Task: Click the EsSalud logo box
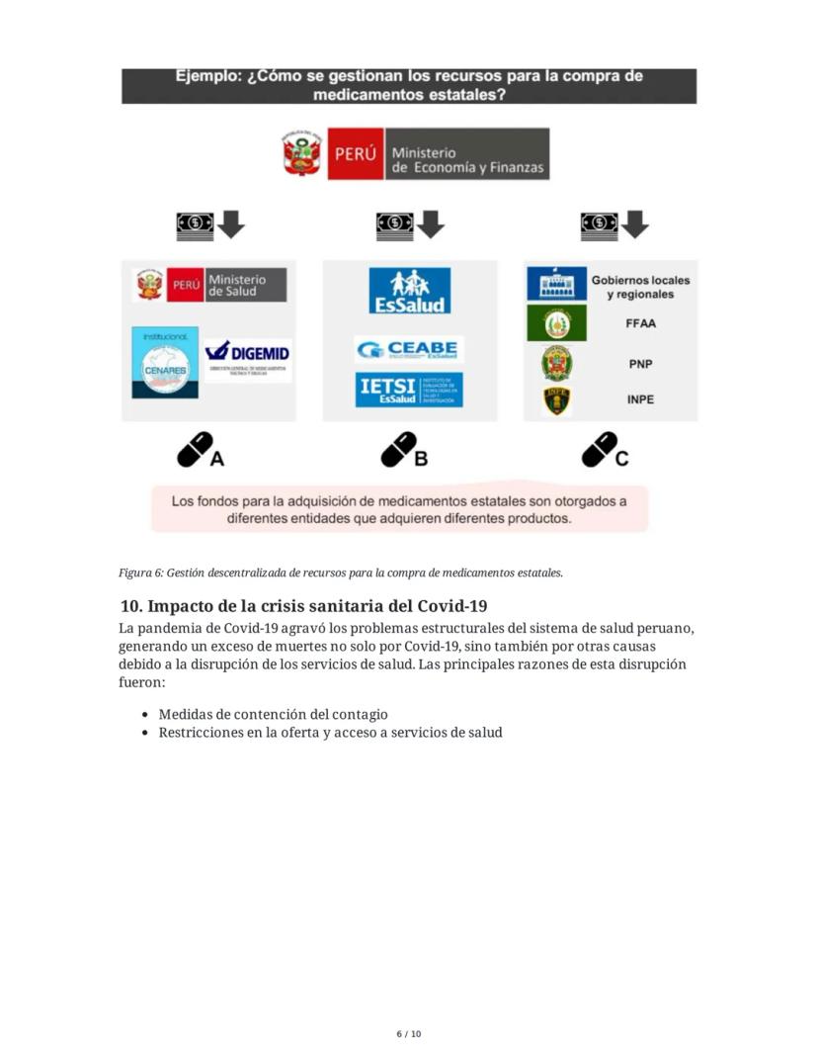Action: [x=409, y=291]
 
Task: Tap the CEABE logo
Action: [x=409, y=349]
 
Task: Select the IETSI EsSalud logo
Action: [x=409, y=390]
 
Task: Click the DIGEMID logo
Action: [x=247, y=358]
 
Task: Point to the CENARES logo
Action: [x=165, y=363]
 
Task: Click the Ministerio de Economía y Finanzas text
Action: [x=467, y=160]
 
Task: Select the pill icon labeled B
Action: [x=399, y=449]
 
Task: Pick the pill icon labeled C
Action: [x=600, y=449]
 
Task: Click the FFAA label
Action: [x=640, y=323]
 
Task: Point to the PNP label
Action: [x=640, y=364]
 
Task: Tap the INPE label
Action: [x=640, y=400]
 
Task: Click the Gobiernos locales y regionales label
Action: [x=640, y=287]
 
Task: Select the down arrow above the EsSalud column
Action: [x=431, y=224]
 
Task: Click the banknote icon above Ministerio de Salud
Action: [x=195, y=224]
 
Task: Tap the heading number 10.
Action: [x=129, y=605]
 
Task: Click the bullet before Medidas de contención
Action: [x=146, y=714]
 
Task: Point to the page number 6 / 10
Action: [x=409, y=1034]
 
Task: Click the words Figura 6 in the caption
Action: [x=140, y=573]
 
